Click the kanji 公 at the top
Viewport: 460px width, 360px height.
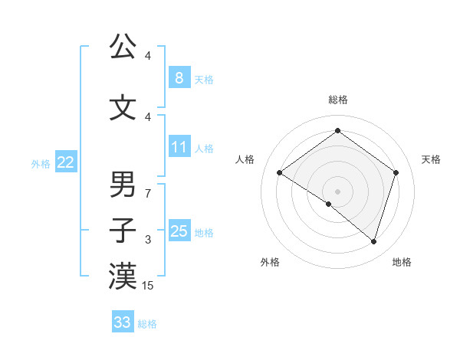pos(123,47)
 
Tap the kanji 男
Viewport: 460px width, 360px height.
pos(123,185)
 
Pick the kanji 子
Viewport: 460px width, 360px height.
pos(123,229)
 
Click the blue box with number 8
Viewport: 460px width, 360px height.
pos(179,77)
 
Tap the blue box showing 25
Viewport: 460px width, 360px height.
pos(179,231)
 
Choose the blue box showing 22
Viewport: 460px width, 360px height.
pos(66,162)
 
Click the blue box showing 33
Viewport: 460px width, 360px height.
pos(122,322)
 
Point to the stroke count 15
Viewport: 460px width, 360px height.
pos(149,286)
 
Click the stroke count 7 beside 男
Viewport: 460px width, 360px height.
pos(148,194)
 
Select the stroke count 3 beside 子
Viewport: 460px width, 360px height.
pos(148,240)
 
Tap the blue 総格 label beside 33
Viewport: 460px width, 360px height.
pos(147,324)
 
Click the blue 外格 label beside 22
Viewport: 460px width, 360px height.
pos(41,163)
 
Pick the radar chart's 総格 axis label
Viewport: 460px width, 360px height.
pos(337,100)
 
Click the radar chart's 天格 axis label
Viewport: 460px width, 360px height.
pos(431,159)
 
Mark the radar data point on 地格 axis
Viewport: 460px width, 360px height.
pos(373,242)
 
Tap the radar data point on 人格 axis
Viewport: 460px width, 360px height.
pos(279,173)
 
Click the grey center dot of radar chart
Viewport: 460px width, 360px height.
pos(337,191)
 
